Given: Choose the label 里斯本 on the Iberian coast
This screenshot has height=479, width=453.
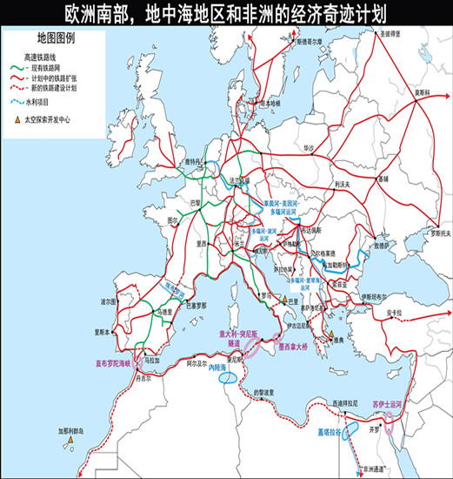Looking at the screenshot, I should (x=103, y=333).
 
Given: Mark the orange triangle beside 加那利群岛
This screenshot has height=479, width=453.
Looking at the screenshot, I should (x=69, y=442).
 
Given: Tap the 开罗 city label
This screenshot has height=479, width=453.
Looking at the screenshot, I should (x=376, y=429).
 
